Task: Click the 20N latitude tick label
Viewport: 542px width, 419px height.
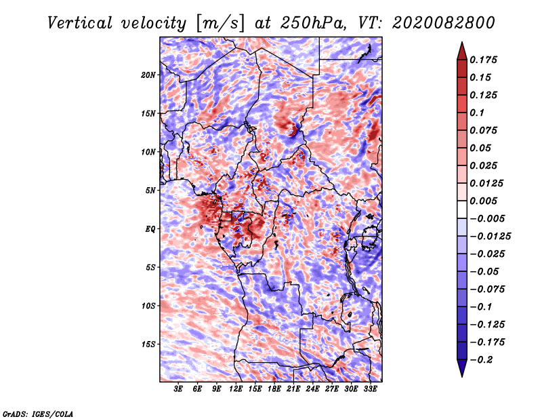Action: (148, 75)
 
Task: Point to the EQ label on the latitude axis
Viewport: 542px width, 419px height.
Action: (151, 229)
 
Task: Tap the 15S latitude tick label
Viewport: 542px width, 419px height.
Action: (148, 344)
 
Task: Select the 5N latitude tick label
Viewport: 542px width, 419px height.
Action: (150, 191)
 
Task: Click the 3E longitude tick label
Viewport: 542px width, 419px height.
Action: (179, 390)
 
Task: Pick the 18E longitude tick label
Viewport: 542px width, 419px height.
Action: (274, 390)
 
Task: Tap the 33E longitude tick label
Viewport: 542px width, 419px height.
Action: (370, 390)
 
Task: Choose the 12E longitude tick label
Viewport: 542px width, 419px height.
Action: (236, 390)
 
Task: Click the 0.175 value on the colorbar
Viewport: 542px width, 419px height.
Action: (484, 60)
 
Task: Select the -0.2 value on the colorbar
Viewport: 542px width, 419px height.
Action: (482, 359)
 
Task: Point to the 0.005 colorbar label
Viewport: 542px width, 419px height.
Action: (484, 201)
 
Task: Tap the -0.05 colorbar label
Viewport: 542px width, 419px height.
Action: (484, 271)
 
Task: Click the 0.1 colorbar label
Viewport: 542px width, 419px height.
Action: (478, 113)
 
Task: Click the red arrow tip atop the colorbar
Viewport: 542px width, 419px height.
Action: (461, 47)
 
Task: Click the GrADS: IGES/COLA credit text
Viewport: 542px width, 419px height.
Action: (37, 413)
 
